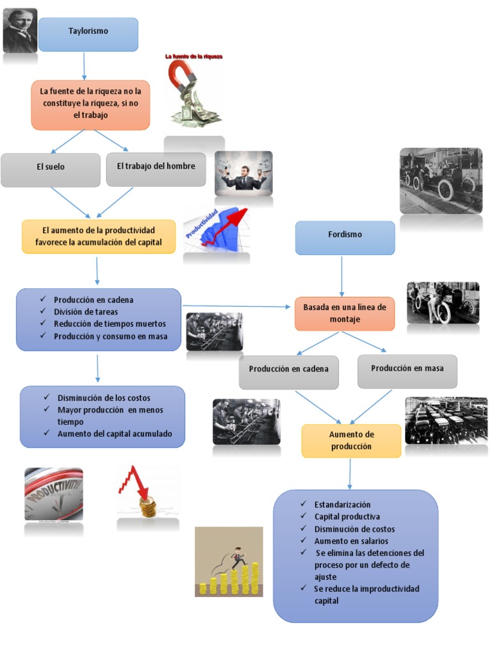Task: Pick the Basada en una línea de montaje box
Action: coord(345,313)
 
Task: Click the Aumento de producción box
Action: coord(351,441)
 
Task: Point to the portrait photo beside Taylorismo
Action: coord(20,30)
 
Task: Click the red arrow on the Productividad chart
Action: coord(231,220)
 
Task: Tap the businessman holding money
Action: coord(243,174)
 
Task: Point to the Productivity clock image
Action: coord(54,494)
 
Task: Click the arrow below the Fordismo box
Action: coord(342,276)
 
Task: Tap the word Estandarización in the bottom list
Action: coord(342,504)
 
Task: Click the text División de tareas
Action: coord(86,311)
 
